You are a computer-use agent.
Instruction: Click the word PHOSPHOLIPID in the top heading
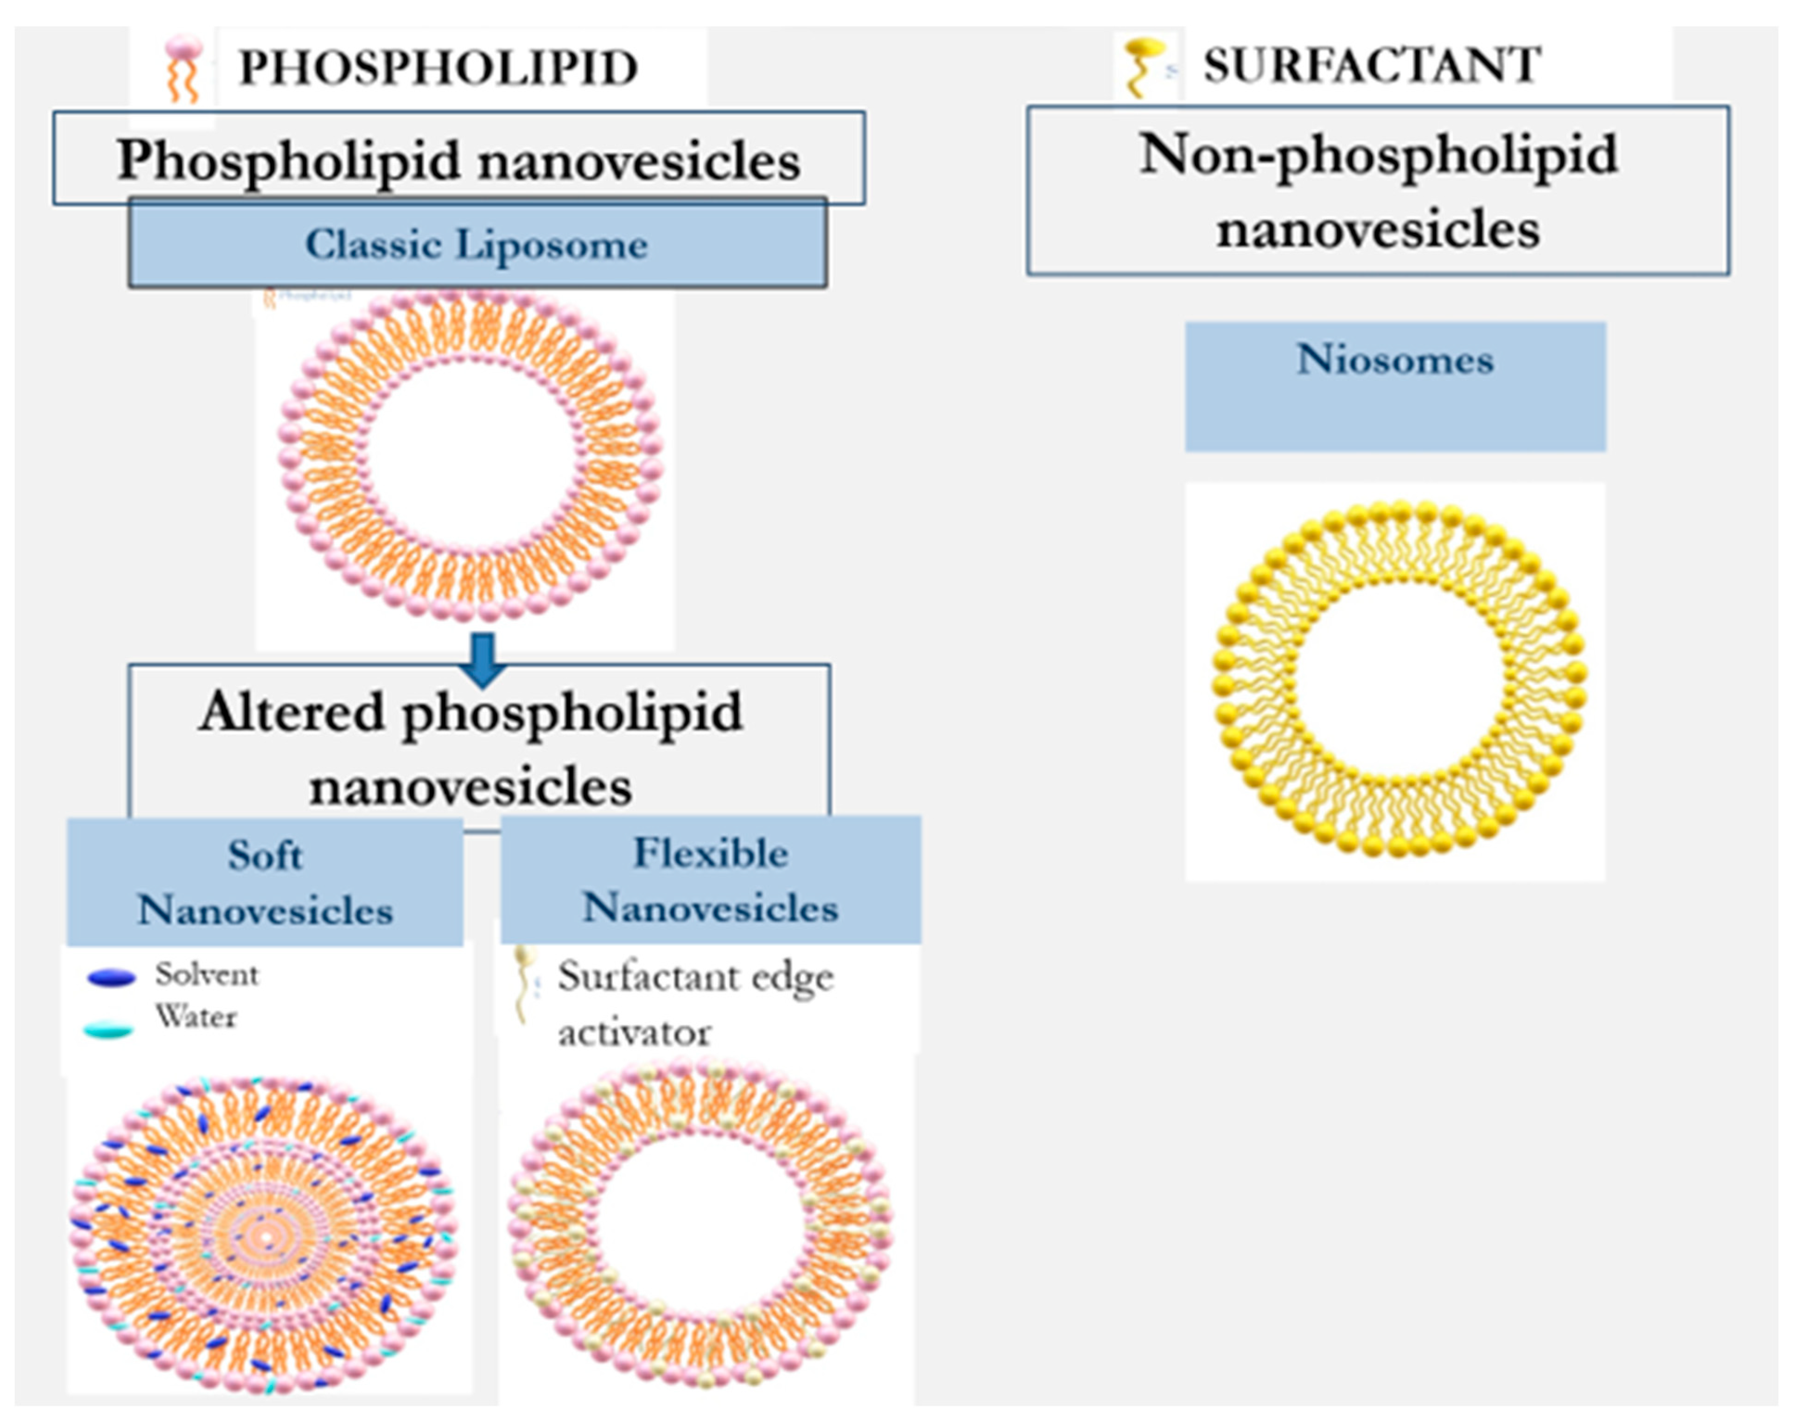pyautogui.click(x=438, y=68)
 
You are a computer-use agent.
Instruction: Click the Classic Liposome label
pyautogui.click(x=477, y=244)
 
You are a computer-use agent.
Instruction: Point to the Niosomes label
pyautogui.click(x=1395, y=360)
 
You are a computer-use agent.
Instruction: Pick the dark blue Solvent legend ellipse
pyautogui.click(x=111, y=978)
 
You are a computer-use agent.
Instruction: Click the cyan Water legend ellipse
pyautogui.click(x=109, y=1031)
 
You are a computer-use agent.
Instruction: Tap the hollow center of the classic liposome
pyautogui.click(x=471, y=456)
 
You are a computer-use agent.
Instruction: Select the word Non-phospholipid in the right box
pyautogui.click(x=1378, y=156)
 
